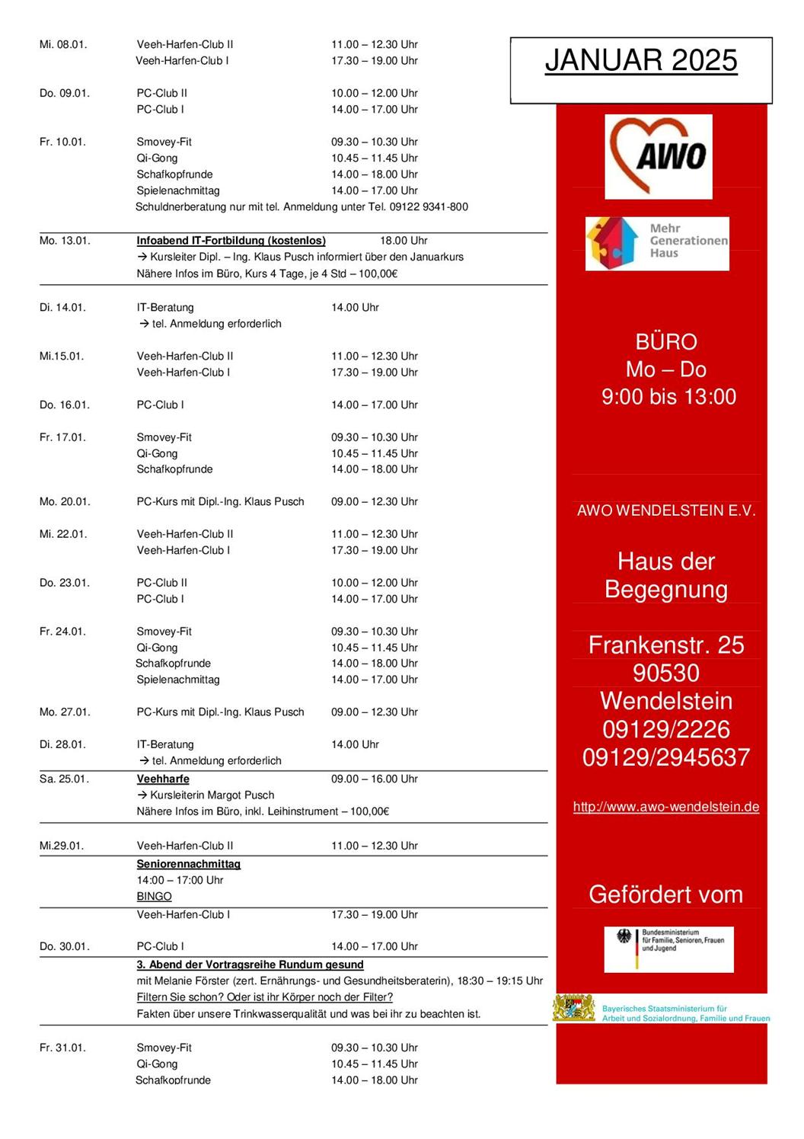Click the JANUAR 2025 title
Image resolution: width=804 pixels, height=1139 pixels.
click(x=641, y=61)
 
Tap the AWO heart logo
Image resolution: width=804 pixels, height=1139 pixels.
click(x=659, y=156)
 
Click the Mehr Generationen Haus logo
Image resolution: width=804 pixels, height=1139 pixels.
click(x=656, y=243)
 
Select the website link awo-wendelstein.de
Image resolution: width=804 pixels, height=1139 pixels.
click(x=665, y=807)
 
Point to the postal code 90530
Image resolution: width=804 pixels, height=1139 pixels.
click(x=665, y=673)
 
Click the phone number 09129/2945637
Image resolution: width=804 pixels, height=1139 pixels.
click(x=665, y=757)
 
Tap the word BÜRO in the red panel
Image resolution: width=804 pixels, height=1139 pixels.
click(x=666, y=342)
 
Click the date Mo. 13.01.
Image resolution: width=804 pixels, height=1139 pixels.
click(x=65, y=241)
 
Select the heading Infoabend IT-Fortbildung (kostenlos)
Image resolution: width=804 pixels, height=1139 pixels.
click(x=231, y=241)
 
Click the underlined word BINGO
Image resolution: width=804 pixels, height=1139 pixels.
click(x=154, y=897)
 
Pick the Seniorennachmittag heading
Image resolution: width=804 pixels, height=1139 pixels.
click(x=188, y=864)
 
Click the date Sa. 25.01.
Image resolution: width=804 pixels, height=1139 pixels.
click(x=64, y=779)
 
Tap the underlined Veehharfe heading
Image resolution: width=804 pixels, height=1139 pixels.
click(x=163, y=779)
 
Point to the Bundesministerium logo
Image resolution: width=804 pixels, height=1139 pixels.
click(x=668, y=949)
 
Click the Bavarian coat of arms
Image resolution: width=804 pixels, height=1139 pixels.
click(x=574, y=1008)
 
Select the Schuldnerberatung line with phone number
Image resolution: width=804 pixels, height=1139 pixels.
click(x=301, y=207)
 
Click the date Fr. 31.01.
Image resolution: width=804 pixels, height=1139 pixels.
click(x=62, y=1048)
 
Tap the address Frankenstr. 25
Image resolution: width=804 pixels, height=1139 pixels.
click(x=665, y=645)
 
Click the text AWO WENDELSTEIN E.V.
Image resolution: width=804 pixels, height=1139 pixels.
click(x=665, y=511)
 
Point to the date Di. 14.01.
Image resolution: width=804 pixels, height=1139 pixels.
click(x=62, y=308)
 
